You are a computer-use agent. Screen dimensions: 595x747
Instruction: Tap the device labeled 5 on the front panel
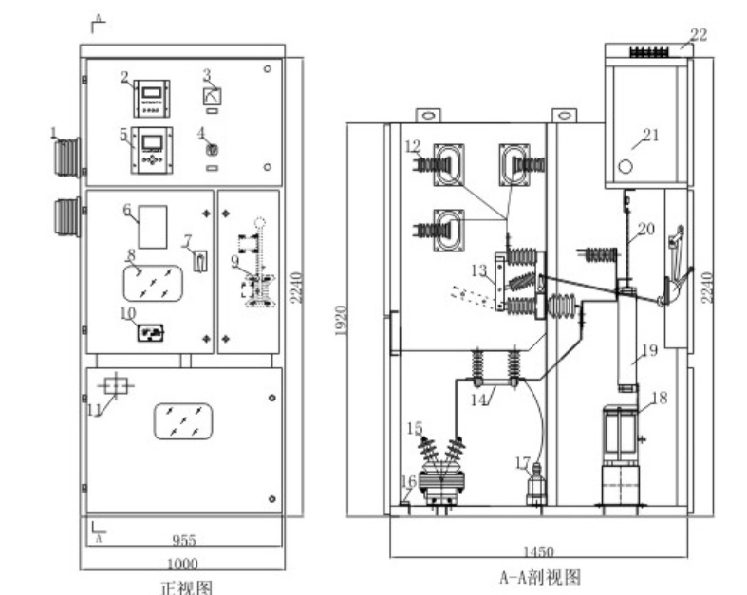[x=151, y=150]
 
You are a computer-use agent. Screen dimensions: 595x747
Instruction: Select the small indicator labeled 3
[x=214, y=96]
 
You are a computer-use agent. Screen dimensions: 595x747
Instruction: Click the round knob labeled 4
[x=214, y=150]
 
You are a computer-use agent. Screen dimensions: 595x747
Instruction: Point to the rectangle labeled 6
[x=153, y=226]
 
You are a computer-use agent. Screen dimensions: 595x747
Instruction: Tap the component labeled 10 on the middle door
[x=152, y=331]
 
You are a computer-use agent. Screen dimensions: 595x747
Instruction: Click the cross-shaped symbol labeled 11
[x=116, y=385]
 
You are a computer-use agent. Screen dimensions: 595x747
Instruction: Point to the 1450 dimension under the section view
[x=538, y=551]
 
